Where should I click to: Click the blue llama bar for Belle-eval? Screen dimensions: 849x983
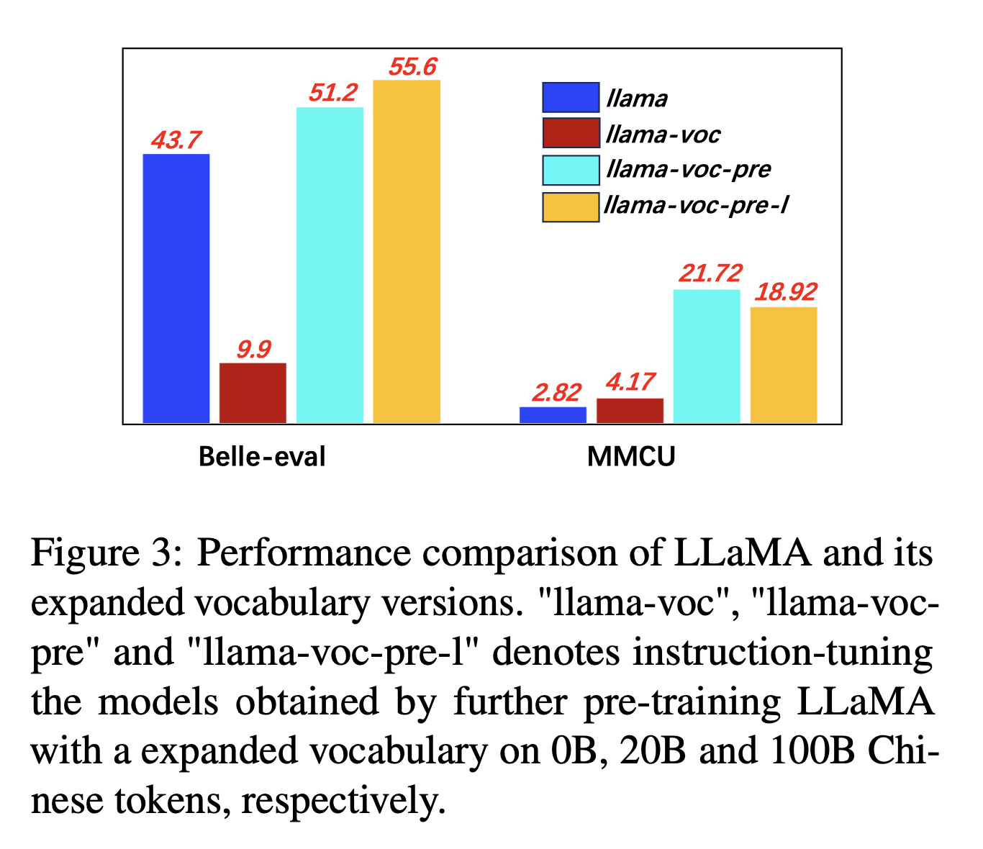pyautogui.click(x=176, y=288)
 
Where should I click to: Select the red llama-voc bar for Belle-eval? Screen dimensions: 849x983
pyautogui.click(x=253, y=393)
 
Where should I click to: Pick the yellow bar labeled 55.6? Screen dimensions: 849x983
pyautogui.click(x=407, y=251)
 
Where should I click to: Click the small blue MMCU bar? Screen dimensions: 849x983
pyautogui.click(x=553, y=415)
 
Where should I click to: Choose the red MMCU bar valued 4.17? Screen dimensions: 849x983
pyautogui.click(x=630, y=411)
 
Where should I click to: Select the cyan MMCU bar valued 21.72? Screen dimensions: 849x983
pyautogui.click(x=707, y=356)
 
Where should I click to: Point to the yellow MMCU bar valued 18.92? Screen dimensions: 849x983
pyautogui.click(x=784, y=365)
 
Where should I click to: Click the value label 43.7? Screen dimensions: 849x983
pyautogui.click(x=176, y=140)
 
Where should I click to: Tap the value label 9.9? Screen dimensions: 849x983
pyautogui.click(x=253, y=349)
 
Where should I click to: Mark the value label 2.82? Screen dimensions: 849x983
pyautogui.click(x=556, y=393)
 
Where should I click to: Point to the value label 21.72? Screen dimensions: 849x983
pyautogui.click(x=710, y=273)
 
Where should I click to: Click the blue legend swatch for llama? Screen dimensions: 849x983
pyautogui.click(x=571, y=98)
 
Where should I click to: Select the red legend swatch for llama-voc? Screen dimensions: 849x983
pyautogui.click(x=571, y=133)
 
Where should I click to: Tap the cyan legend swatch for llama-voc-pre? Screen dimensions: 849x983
pyautogui.click(x=571, y=170)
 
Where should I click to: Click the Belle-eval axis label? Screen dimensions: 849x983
pyautogui.click(x=262, y=457)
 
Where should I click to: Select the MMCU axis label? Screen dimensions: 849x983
pyautogui.click(x=631, y=457)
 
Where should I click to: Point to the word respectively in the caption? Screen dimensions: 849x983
pyautogui.click(x=338, y=800)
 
